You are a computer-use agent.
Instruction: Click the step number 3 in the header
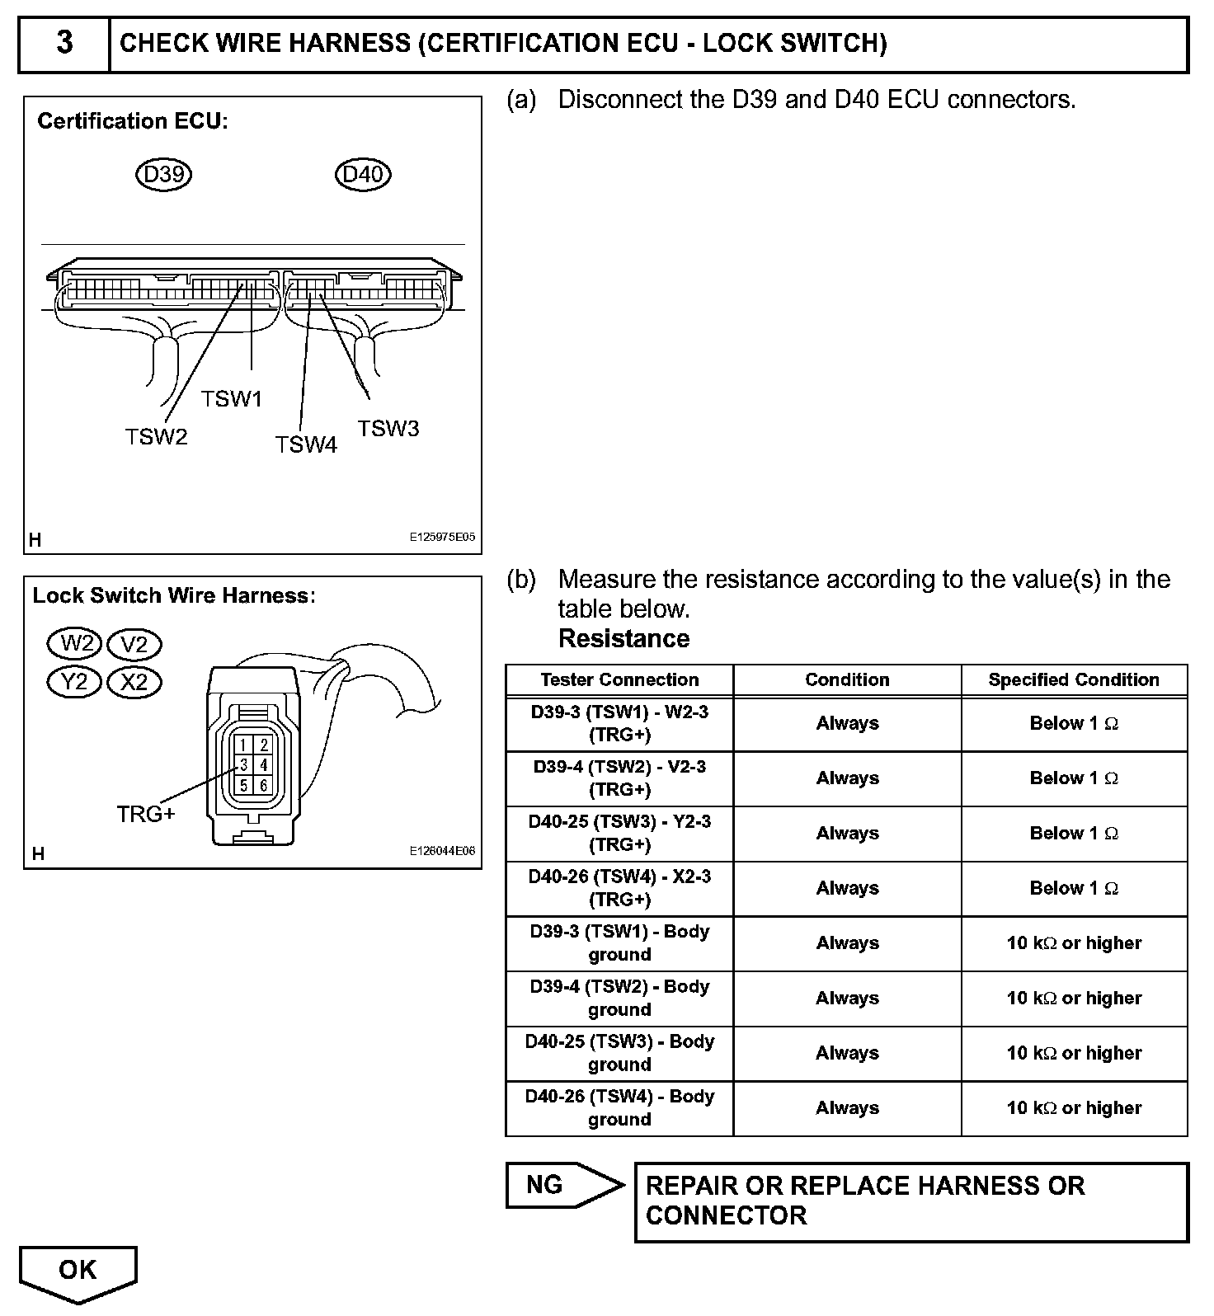(64, 43)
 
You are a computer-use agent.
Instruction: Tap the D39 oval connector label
(163, 174)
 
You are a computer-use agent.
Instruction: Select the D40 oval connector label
(363, 174)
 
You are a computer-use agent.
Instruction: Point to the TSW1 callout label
(232, 399)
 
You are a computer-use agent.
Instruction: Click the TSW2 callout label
(157, 436)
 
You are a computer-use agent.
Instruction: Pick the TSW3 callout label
(388, 429)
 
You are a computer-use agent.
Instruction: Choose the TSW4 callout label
(306, 445)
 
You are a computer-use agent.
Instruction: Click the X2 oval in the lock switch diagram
(134, 682)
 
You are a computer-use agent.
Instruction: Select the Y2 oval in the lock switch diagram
(74, 682)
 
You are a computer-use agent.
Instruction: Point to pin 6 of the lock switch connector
(263, 785)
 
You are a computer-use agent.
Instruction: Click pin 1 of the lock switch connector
(244, 745)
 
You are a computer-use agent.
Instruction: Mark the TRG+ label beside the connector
(146, 814)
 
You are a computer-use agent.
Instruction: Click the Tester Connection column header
(619, 680)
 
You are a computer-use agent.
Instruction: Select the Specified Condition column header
(1074, 680)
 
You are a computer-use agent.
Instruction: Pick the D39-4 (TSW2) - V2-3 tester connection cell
(619, 778)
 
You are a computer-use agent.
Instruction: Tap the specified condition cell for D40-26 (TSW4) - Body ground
(1074, 1108)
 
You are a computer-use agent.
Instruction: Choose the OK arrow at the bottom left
(78, 1271)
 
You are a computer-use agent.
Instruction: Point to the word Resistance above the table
(623, 639)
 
